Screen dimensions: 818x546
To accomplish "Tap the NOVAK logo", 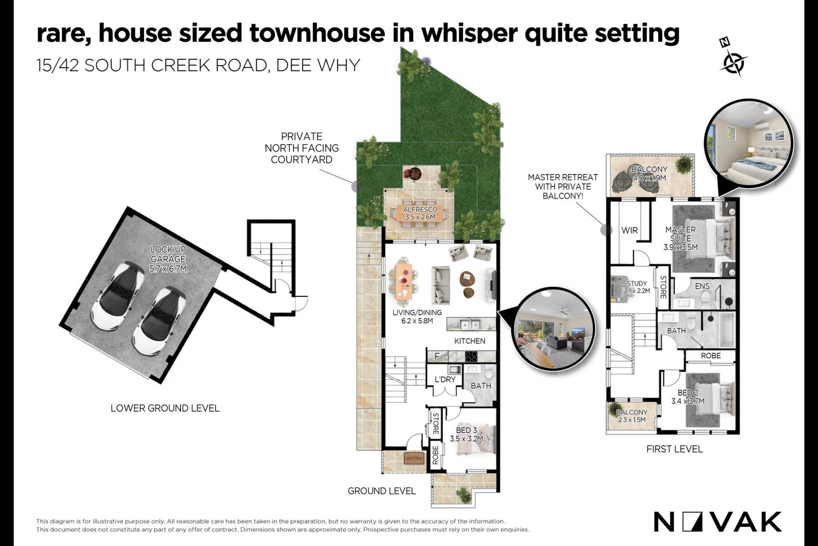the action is coord(718,522).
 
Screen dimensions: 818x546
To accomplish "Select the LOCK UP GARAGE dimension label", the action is coord(168,259).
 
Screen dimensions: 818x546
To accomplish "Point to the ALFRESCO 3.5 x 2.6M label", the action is coord(420,213).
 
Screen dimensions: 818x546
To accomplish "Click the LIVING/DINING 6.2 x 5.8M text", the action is coord(417,317).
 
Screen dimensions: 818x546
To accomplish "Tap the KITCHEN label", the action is coord(470,341).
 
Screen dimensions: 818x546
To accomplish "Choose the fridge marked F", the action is coord(437,356).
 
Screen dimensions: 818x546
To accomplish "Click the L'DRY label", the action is coord(445,379).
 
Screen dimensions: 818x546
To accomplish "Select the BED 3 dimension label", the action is coord(467,435).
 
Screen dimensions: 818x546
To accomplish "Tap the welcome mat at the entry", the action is coord(414,458).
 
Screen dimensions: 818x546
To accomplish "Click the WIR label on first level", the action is coord(629,230).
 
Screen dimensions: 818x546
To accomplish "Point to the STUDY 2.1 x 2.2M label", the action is coord(637,287).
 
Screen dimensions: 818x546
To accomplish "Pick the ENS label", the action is coord(702,286).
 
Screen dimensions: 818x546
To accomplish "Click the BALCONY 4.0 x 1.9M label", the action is coord(649,174).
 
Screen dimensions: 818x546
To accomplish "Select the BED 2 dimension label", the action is coord(688,397).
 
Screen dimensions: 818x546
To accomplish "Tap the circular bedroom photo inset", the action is coord(749,144).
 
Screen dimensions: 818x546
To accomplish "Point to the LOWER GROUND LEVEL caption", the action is coord(165,408).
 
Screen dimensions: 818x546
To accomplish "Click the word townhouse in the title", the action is coord(317,33).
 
